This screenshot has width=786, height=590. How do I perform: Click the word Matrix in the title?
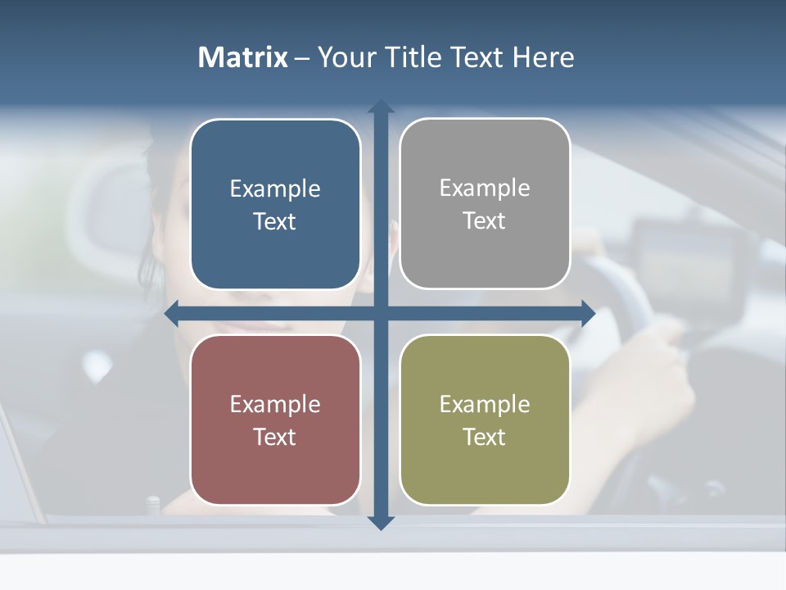pyautogui.click(x=243, y=57)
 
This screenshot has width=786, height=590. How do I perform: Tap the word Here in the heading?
pyautogui.click(x=543, y=57)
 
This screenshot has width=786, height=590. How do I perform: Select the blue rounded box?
pyautogui.click(x=275, y=204)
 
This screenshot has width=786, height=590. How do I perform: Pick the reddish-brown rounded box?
pyautogui.click(x=275, y=420)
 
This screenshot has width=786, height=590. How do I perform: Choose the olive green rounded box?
pyautogui.click(x=485, y=420)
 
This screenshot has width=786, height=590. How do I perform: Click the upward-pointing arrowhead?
pyautogui.click(x=381, y=107)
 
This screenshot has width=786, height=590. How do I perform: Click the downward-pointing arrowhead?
pyautogui.click(x=381, y=522)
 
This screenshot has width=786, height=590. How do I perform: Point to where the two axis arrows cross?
pyautogui.click(x=381, y=314)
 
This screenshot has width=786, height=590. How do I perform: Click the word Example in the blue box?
pyautogui.click(x=275, y=189)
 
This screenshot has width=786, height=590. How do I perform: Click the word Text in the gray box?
pyautogui.click(x=485, y=221)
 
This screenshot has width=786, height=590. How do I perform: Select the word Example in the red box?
pyautogui.click(x=275, y=405)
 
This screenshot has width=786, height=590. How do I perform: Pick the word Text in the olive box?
pyautogui.click(x=485, y=438)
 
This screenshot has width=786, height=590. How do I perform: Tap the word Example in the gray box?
pyautogui.click(x=485, y=188)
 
